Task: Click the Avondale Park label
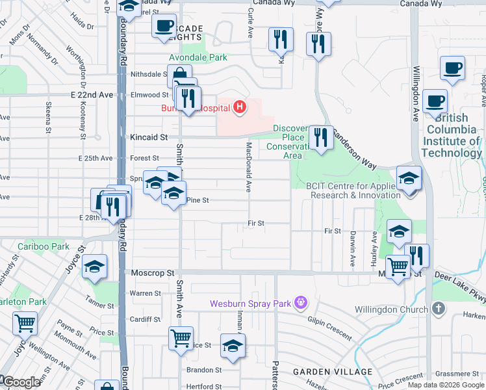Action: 204,57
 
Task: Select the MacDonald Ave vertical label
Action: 248,168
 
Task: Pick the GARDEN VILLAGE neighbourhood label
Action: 333,372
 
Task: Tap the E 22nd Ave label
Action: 92,95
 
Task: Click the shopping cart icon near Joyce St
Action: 25,322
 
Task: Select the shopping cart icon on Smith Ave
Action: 180,337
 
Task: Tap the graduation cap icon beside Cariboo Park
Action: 94,267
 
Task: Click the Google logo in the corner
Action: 21,382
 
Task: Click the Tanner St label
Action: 100,305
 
